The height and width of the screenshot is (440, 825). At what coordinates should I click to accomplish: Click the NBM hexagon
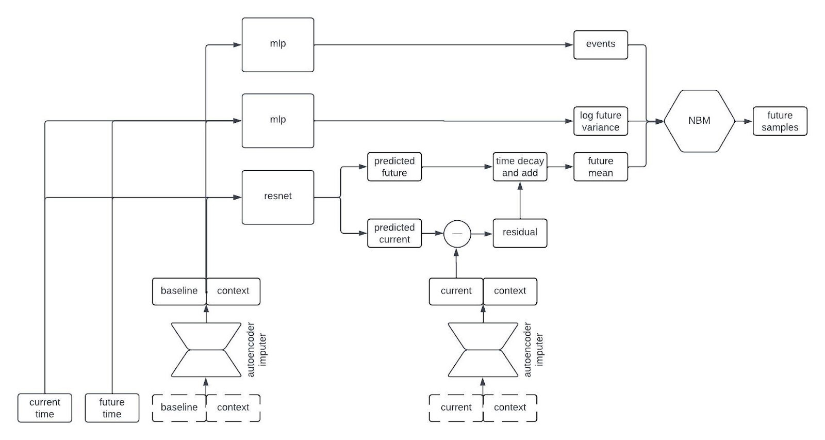coord(699,121)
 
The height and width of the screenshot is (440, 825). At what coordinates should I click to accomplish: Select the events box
coord(601,44)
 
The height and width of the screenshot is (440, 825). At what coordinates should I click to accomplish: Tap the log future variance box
coord(601,121)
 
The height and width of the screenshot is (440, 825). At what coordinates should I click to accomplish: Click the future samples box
coord(780,121)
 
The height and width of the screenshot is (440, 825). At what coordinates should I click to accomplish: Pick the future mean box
coord(601,167)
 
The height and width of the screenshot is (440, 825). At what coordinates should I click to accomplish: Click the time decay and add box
coord(520,167)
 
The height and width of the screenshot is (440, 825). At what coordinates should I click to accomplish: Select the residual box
coord(520,233)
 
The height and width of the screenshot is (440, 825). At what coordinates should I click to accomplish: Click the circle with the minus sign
coord(457,234)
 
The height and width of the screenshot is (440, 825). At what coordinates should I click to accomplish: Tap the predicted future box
coord(394,167)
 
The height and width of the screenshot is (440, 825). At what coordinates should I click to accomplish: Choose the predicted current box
coord(394,233)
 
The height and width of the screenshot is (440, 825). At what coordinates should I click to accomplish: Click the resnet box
coord(278,197)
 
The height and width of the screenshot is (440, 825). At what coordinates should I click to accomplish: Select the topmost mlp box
coord(278,44)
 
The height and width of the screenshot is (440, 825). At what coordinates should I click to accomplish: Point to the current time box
coord(44,408)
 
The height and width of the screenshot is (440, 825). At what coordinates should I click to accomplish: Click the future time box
coord(112,408)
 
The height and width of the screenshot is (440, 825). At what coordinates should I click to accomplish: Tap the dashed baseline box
coord(179,408)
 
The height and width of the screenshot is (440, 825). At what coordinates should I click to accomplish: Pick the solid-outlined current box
coord(456,291)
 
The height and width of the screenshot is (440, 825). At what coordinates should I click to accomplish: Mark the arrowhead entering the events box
coord(569,45)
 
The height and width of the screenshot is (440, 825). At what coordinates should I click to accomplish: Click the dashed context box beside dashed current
coord(510,408)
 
